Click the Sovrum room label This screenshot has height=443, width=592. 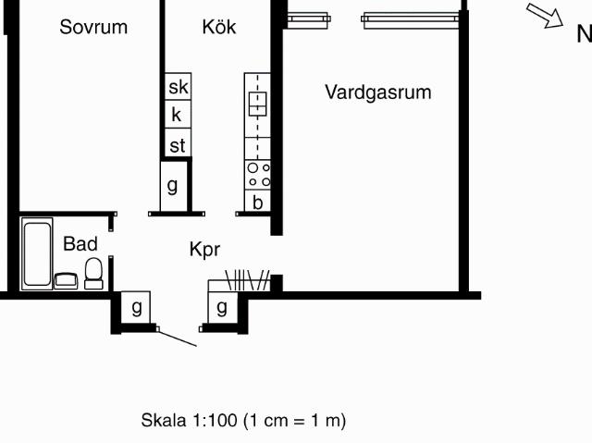tap(93, 27)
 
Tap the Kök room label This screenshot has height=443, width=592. tap(219, 27)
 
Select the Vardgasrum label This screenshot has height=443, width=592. tap(378, 92)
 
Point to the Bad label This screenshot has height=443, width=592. tap(80, 243)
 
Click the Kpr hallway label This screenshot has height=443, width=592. tap(204, 250)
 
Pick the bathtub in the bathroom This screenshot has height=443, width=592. tap(37, 253)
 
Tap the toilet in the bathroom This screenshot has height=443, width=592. tap(93, 274)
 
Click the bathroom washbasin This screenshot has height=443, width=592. tap(66, 281)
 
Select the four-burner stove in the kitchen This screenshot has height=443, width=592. tap(257, 175)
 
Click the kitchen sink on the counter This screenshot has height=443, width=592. tap(257, 104)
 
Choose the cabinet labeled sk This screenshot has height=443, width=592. tap(178, 86)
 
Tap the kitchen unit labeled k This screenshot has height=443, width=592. tap(178, 115)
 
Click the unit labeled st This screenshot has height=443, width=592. tap(178, 143)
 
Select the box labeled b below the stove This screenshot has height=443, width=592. tap(257, 201)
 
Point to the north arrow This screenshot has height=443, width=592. tap(545, 16)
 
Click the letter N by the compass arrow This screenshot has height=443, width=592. tap(585, 33)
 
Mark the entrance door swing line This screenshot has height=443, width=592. tap(177, 338)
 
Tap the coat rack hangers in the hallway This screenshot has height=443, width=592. tap(248, 280)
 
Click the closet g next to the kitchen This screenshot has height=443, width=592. tap(173, 186)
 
